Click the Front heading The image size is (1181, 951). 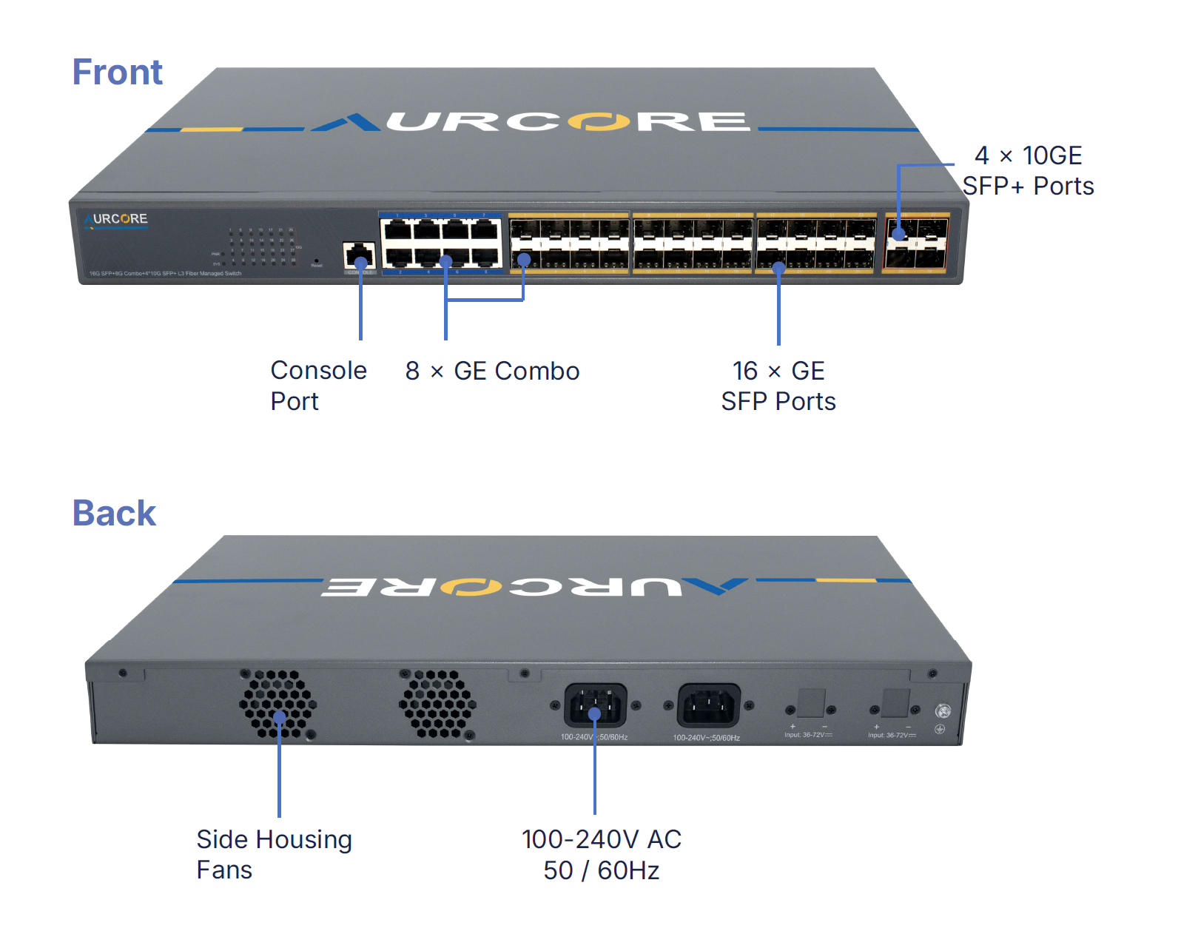point(117,73)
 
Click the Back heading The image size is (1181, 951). point(114,513)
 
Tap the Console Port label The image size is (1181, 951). point(318,386)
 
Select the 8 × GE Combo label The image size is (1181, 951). point(492,371)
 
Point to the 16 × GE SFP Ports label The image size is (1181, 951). point(778,386)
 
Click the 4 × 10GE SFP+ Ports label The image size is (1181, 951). point(1028,171)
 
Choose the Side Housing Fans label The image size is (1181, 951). point(274,854)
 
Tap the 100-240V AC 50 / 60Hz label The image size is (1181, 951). point(601,855)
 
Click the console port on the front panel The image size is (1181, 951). point(360,255)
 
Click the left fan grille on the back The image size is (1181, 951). point(278,704)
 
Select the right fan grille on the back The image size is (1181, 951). point(437,704)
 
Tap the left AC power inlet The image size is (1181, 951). point(595,705)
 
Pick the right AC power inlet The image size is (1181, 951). point(709,705)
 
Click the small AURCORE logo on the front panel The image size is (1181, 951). point(116,220)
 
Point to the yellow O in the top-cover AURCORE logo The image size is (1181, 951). point(599,121)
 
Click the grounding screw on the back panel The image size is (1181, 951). point(942,711)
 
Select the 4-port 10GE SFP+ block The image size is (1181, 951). point(917,243)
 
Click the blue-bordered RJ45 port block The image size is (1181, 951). point(441,243)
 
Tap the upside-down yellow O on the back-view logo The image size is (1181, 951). point(471,588)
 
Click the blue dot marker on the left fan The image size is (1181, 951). point(280,717)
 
